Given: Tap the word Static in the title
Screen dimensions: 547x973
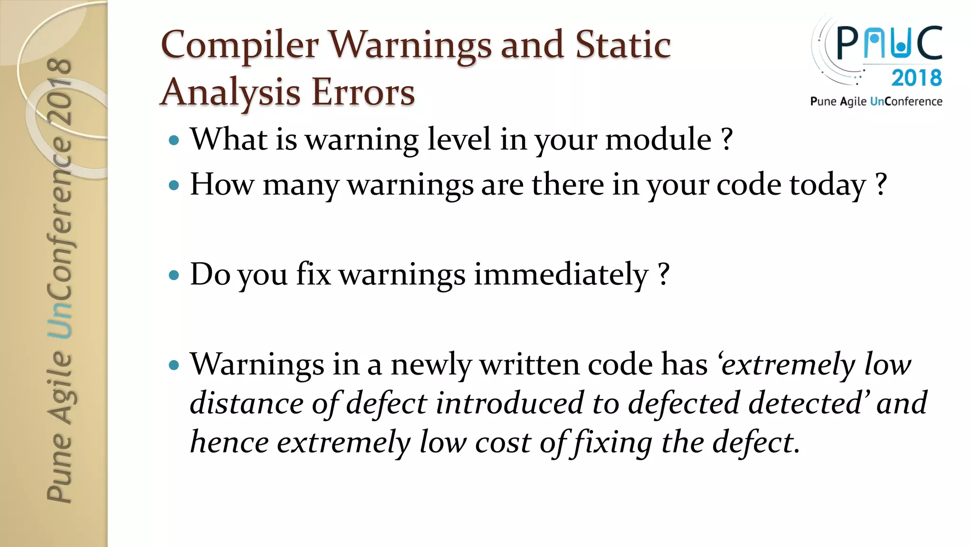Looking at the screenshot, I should point(623,45).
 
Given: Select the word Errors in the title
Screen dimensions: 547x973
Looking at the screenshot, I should point(363,92).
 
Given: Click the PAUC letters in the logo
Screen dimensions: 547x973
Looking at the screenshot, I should point(889,43).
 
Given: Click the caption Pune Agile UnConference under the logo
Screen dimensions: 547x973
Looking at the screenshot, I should point(876,102).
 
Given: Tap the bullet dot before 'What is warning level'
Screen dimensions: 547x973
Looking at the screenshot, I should point(174,141).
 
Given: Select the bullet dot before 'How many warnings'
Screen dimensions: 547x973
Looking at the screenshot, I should point(174,185).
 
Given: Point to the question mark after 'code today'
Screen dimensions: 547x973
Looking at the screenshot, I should point(881,184).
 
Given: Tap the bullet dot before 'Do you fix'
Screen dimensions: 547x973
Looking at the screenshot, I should point(174,275).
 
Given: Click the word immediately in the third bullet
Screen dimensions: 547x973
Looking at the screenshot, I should point(561,274).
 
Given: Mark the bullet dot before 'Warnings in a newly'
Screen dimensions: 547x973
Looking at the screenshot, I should point(174,365).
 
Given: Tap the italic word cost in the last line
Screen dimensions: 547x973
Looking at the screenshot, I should point(503,443).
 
